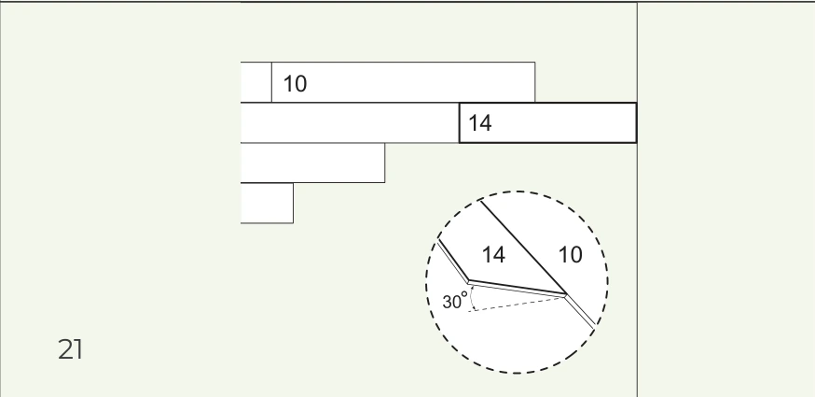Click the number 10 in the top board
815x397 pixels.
coord(296,84)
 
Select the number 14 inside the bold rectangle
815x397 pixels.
coord(479,123)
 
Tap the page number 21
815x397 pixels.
coord(70,349)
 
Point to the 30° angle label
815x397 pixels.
coord(455,301)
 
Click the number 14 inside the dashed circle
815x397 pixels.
coord(493,255)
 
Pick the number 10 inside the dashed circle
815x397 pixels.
coord(570,255)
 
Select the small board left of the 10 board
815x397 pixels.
coord(256,82)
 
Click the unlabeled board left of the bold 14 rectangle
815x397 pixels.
coord(350,123)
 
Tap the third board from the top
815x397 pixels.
coord(313,163)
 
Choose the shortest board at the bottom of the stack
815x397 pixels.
coord(268,204)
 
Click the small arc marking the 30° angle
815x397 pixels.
coord(472,297)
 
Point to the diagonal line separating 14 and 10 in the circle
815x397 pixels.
coord(523,248)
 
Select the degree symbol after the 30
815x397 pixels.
coord(464,295)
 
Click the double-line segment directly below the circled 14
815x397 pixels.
coord(518,290)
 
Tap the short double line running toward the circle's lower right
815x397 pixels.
coord(580,312)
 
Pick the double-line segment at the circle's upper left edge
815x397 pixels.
coord(452,261)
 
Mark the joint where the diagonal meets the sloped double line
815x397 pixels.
coord(565,295)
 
